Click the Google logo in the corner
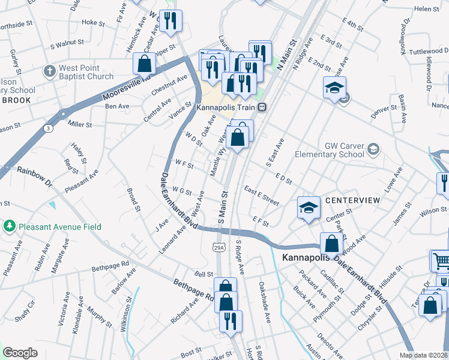(x=20, y=353)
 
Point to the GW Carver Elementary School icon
(x=373, y=148)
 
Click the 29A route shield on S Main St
(x=219, y=247)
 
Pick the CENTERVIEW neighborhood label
(x=352, y=199)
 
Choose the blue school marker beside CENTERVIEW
(x=308, y=208)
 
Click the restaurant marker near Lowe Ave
(x=443, y=183)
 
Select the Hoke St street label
(x=93, y=22)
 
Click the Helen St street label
(x=427, y=9)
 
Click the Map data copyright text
(x=423, y=355)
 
